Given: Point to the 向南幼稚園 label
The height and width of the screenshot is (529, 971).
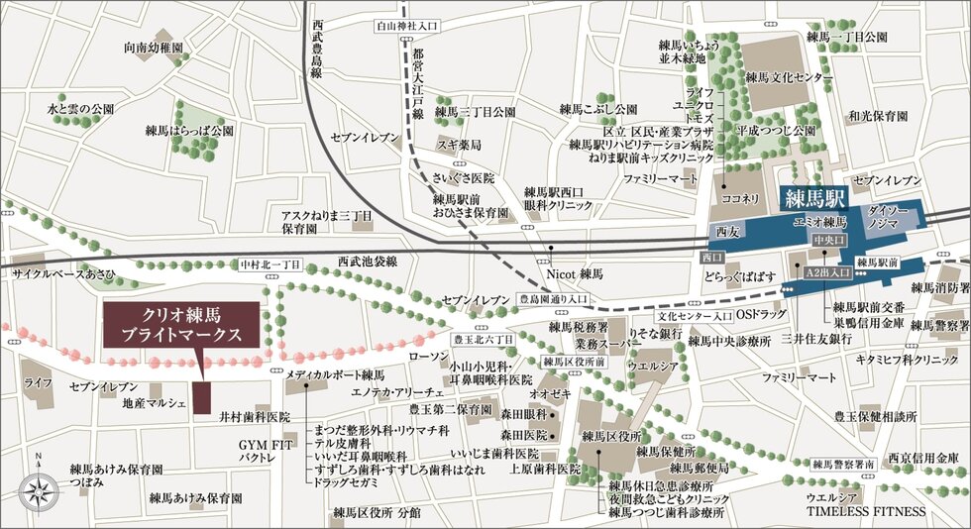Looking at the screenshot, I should tap(154, 48).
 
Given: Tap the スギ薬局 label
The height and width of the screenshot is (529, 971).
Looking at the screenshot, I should tap(461, 145).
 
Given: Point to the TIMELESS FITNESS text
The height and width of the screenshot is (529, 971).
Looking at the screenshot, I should tap(865, 512).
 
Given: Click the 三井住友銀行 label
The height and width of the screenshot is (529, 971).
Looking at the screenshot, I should tap(817, 338).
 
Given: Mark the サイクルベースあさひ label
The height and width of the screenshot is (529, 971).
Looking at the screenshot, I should tap(63, 272).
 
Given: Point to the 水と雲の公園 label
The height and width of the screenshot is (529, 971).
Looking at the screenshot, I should tap(80, 108).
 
